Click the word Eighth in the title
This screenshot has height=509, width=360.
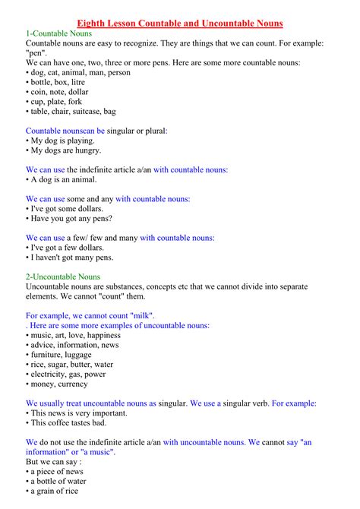94,24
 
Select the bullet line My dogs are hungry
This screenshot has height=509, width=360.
65,150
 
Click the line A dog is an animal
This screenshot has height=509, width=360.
64,179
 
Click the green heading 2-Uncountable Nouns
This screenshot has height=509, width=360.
63,277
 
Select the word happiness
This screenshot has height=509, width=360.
103,335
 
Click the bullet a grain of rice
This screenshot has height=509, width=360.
58,491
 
